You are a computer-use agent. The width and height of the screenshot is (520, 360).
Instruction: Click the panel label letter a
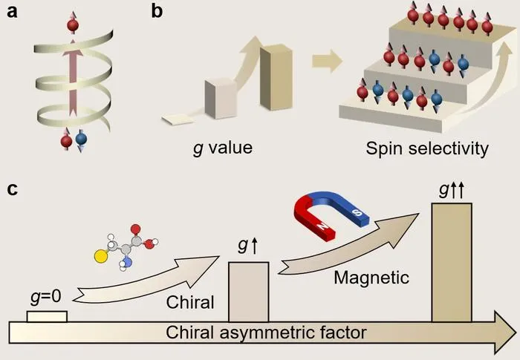point(12,12)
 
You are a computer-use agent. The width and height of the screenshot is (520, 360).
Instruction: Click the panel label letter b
point(157,11)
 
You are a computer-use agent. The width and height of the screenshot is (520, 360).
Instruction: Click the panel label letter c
point(13,189)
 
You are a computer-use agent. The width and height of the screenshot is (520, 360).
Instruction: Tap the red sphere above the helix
point(73,25)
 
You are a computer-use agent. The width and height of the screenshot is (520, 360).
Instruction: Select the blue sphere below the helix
point(81,139)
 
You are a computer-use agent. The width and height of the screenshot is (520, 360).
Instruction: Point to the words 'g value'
point(223,148)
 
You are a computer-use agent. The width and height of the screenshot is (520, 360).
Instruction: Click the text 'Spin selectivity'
point(427,148)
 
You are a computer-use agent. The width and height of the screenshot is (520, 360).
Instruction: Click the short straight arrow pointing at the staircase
point(327,61)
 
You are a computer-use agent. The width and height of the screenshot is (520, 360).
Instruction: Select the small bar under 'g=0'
point(47,316)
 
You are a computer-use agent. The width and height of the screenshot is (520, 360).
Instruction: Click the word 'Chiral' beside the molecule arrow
point(190,302)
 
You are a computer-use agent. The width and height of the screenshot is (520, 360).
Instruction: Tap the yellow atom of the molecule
point(100,256)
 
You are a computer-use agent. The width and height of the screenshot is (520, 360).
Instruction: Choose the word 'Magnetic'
point(371,278)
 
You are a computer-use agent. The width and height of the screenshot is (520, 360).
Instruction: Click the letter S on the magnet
point(357,212)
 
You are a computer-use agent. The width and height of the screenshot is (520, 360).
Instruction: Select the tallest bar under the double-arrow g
point(452,263)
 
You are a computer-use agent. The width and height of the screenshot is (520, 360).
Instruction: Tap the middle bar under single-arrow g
point(249,292)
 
